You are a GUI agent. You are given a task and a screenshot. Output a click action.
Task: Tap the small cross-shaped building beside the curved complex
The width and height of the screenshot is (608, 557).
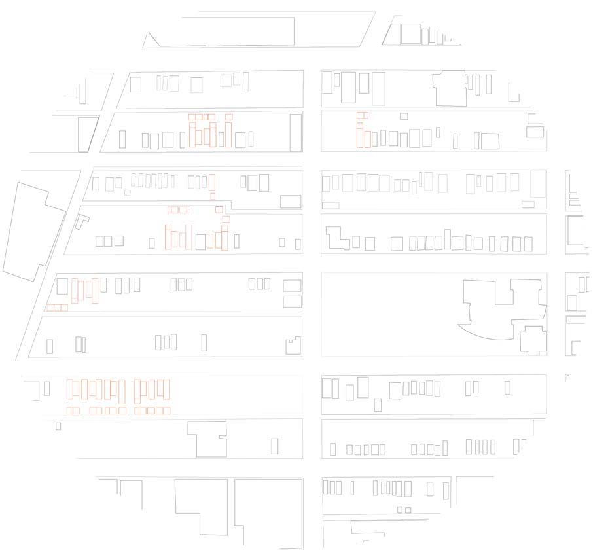[533, 340]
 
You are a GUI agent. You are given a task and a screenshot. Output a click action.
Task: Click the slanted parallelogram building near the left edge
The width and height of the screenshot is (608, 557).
[87, 134]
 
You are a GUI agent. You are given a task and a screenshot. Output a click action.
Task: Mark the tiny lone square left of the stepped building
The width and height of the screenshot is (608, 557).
[58, 426]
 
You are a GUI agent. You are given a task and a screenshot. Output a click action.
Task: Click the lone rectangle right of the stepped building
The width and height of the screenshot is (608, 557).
[274, 446]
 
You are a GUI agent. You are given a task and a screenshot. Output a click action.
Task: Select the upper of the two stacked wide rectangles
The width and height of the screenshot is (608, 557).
[292, 285]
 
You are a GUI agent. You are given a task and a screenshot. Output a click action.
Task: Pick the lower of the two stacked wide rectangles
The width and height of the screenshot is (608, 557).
[292, 302]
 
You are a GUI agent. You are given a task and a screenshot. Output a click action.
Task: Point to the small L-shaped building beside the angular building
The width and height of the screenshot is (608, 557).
[81, 221]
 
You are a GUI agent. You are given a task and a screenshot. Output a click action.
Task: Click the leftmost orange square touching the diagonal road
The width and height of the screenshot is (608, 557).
[50, 308]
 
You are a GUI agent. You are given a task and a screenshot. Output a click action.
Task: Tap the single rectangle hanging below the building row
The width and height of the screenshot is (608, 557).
[378, 405]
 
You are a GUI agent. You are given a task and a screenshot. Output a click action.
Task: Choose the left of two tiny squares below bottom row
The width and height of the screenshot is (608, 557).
[400, 510]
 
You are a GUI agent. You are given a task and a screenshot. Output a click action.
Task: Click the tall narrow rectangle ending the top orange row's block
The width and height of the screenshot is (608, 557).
[296, 133]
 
